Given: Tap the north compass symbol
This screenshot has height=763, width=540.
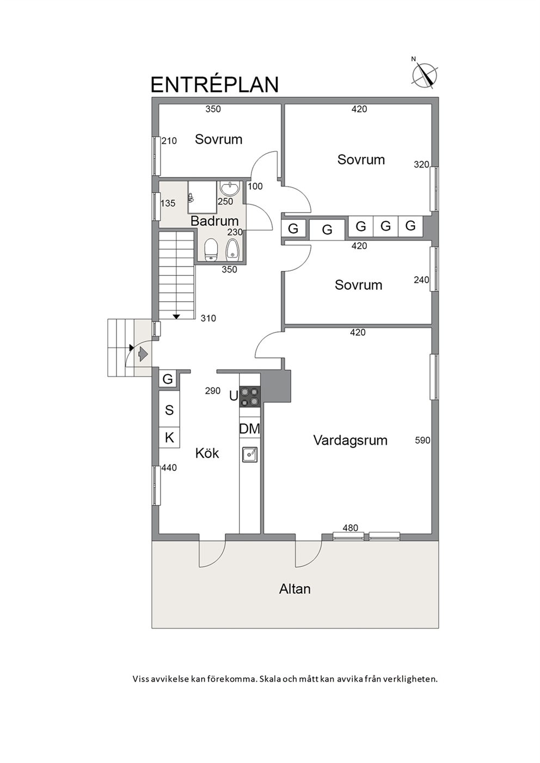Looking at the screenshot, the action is coord(425,75).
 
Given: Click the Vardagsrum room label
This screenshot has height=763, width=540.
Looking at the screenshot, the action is coord(350,440).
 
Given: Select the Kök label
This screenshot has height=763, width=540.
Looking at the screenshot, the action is coord(207,452).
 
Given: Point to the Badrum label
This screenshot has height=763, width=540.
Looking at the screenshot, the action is coord(214,221).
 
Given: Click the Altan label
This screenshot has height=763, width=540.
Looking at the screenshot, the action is coord(295,588).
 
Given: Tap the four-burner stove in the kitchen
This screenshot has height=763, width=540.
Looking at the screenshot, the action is coord(249,396).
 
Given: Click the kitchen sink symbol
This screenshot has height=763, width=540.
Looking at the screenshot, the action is coord(249,455).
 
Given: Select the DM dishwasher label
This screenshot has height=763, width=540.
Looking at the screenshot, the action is coord(249,429).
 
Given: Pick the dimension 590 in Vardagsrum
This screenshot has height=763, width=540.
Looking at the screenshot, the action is coord(422,441).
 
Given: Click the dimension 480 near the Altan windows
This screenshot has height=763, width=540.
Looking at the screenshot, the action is coord(350,528).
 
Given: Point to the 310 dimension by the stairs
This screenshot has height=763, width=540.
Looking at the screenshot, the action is coord(208,318).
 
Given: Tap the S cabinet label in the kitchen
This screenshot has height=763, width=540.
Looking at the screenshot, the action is coord(169,410).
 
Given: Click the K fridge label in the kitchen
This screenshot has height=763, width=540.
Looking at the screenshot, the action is coord(169,438).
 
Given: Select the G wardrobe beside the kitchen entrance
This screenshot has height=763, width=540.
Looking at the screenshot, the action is coord(168,379).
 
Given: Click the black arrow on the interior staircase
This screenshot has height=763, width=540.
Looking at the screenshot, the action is coord(176,317).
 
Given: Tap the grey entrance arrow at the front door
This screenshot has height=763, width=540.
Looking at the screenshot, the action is coord(143,355).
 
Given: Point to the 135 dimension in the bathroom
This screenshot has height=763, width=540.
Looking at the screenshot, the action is coord(168,203).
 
